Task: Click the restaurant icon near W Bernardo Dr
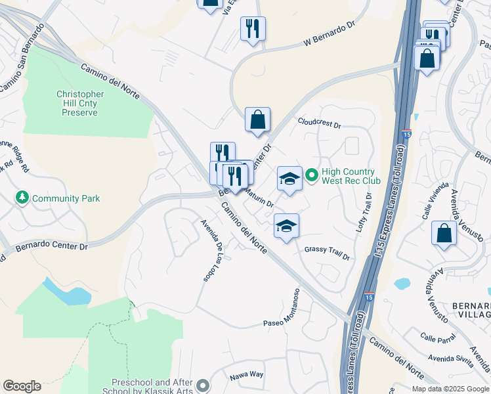click(253, 29)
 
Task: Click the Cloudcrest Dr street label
click(320, 123)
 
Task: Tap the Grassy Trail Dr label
click(327, 250)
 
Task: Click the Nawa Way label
click(246, 375)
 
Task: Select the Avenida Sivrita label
click(450, 359)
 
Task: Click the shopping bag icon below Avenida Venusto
click(444, 233)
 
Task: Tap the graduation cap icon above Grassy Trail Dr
click(286, 226)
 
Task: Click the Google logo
click(22, 386)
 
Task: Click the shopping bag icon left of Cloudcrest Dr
click(258, 120)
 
